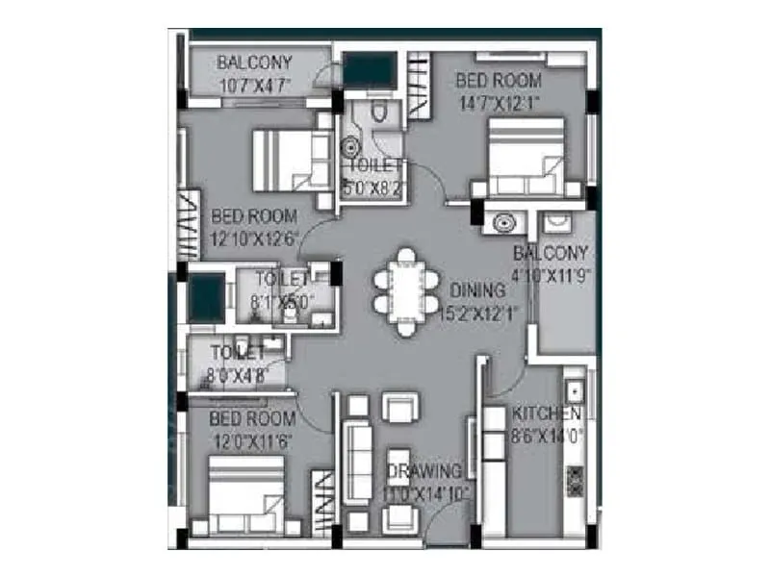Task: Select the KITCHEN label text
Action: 546,414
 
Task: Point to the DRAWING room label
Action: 424,471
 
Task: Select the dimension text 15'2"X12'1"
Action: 479,313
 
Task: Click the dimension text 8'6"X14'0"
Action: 547,435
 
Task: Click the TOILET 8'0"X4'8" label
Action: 237,364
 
